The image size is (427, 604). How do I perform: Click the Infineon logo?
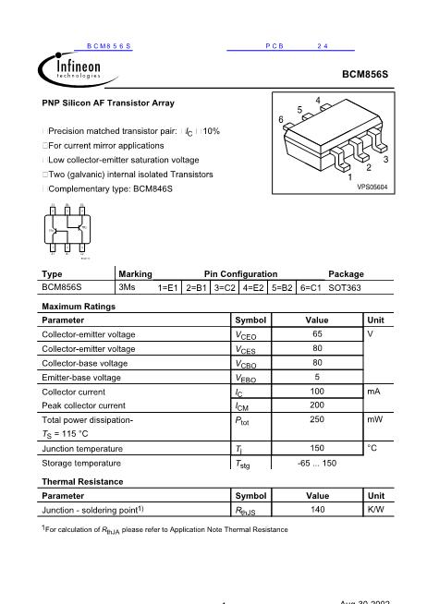point(69,69)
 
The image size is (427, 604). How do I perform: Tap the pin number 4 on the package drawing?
point(318,100)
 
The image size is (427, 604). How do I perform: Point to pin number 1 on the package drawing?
point(350,175)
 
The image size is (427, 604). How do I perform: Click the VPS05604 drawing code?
point(372,187)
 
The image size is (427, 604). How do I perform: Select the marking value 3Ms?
point(128,287)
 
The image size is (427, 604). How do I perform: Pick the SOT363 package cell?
point(345,287)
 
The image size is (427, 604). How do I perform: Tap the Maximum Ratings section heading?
point(79,305)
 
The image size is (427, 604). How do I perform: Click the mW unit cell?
point(374,420)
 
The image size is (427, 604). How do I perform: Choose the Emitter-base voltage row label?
point(81,377)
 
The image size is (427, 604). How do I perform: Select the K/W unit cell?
point(374,509)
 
